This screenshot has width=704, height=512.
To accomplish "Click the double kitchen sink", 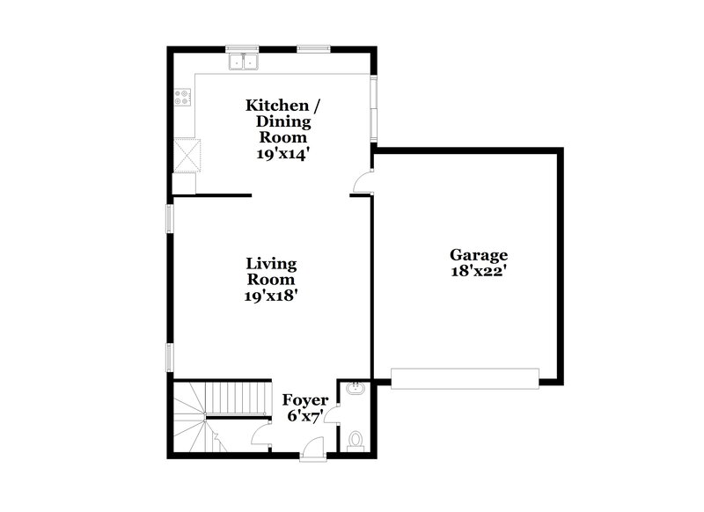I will click(243, 62).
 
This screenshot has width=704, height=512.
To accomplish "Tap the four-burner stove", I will click(182, 98).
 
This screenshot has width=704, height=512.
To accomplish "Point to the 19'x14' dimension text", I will click(282, 152).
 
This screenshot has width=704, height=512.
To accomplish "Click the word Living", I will click(271, 263).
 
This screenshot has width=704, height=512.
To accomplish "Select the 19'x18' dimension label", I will click(271, 296).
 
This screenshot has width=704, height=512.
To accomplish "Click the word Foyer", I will click(305, 400).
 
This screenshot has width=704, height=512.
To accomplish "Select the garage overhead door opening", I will click(465, 378).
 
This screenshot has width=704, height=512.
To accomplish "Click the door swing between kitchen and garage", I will click(363, 181).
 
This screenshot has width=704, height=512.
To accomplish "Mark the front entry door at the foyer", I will click(312, 451).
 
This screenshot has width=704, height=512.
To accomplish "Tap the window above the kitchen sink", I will click(241, 48).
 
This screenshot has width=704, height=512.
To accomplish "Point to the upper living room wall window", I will click(172, 219).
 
